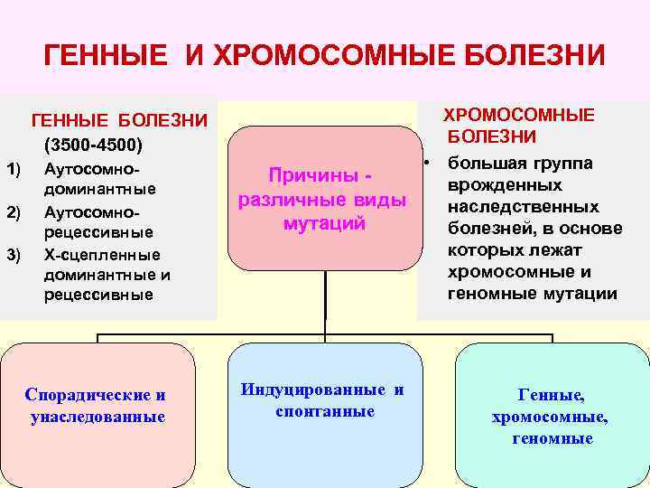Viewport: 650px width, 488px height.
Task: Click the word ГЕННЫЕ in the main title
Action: (103, 56)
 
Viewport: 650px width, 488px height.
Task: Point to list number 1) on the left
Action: (13, 168)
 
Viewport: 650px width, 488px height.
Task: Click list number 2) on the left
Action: (13, 212)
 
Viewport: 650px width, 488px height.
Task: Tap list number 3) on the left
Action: (13, 255)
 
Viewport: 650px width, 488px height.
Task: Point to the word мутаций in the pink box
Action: (324, 223)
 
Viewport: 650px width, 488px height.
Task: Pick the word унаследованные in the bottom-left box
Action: (97, 417)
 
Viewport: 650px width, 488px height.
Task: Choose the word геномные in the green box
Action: (551, 439)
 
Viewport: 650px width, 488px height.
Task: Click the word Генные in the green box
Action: (551, 395)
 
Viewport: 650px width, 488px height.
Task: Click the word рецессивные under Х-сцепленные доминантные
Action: (98, 295)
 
